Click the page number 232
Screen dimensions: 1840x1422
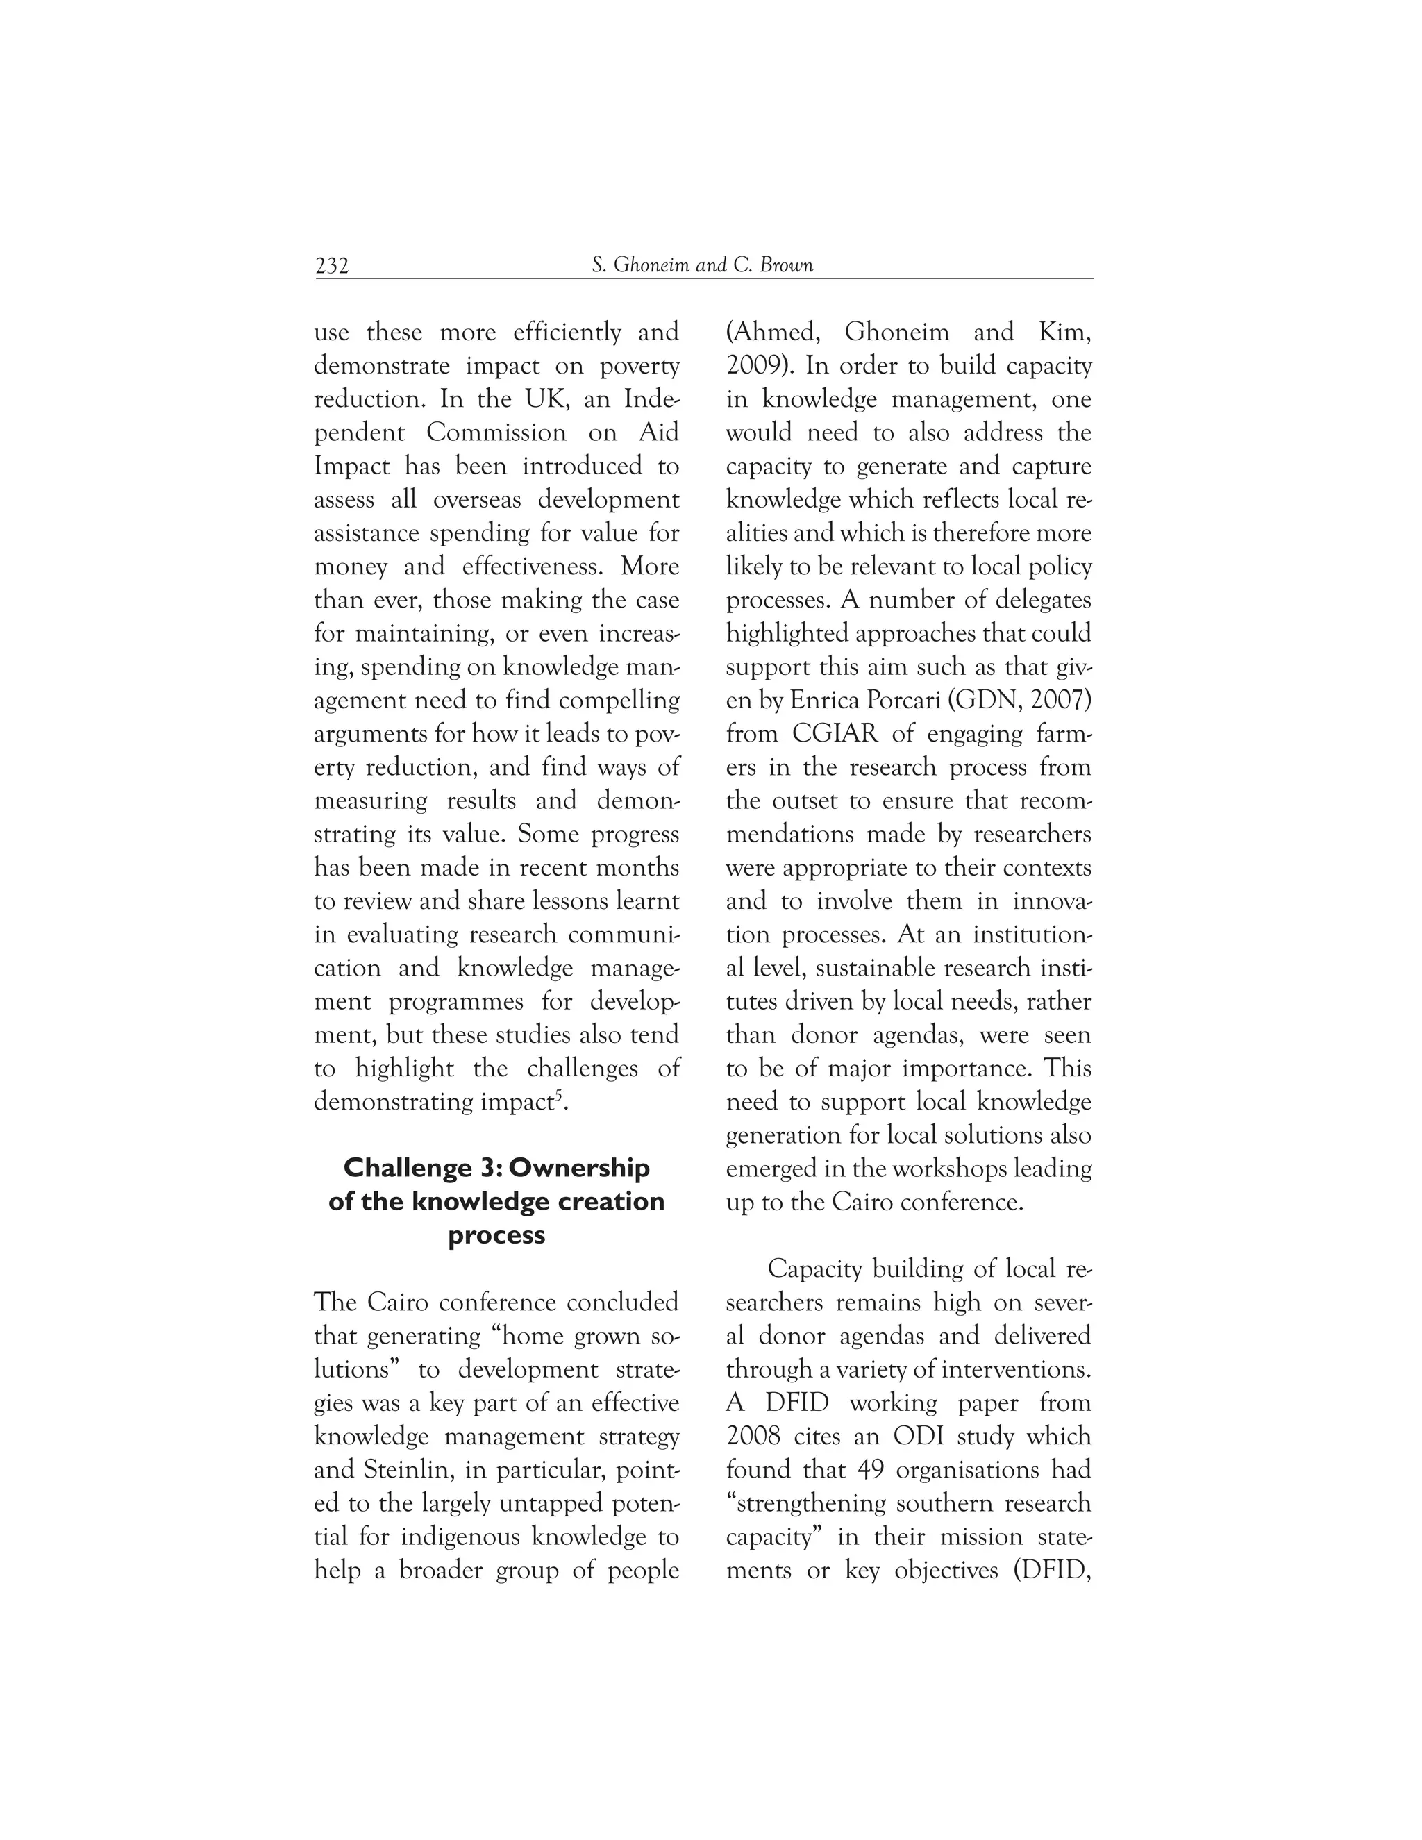click(x=332, y=266)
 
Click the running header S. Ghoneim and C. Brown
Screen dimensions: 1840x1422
click(x=703, y=265)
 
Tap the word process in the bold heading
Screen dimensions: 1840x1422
click(x=496, y=1236)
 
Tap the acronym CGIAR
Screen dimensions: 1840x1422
click(x=835, y=734)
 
